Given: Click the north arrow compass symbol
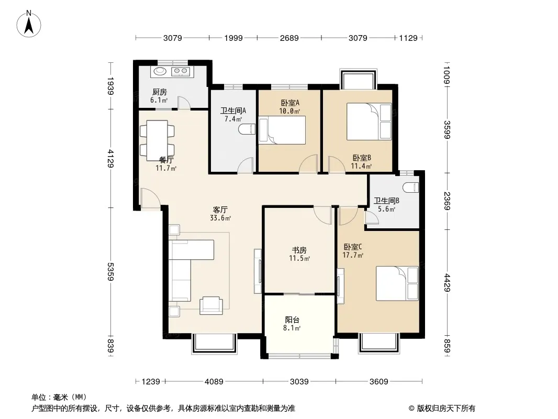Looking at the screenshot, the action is click(x=29, y=24).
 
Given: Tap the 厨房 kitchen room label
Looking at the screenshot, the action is click(x=160, y=92).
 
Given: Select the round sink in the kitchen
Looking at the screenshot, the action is click(x=160, y=71).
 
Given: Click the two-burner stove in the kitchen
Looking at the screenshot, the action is click(x=181, y=72).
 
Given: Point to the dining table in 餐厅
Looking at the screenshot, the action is click(x=157, y=140).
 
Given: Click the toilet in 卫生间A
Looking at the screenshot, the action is click(x=248, y=129).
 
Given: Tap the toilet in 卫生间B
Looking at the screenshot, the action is click(x=412, y=188).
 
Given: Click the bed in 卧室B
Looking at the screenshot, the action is click(x=369, y=122).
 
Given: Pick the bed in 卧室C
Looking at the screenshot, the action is click(x=397, y=283).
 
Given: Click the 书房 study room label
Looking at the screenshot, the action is click(x=299, y=250).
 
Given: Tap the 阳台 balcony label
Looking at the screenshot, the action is click(x=292, y=319).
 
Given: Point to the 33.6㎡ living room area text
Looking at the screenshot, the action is click(x=220, y=218).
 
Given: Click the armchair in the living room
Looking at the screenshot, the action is click(x=211, y=305).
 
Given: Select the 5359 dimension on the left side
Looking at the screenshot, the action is click(x=110, y=272).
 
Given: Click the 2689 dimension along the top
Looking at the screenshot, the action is click(x=289, y=38).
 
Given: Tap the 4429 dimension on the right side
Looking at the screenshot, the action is click(x=448, y=283).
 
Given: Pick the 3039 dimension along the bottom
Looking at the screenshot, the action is click(x=299, y=382).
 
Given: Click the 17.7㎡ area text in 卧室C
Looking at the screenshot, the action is click(x=353, y=255).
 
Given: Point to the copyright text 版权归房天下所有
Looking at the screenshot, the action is click(x=446, y=409).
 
